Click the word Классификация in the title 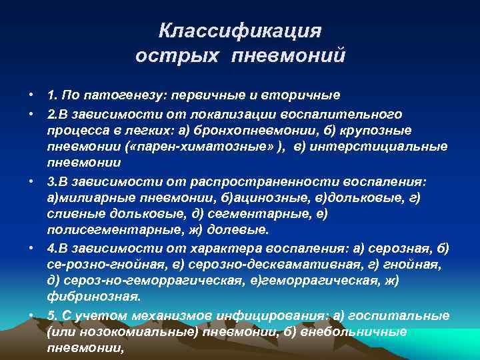click(240, 31)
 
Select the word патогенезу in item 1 click(113, 95)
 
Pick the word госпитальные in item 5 click(391, 315)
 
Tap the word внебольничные click(347, 332)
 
